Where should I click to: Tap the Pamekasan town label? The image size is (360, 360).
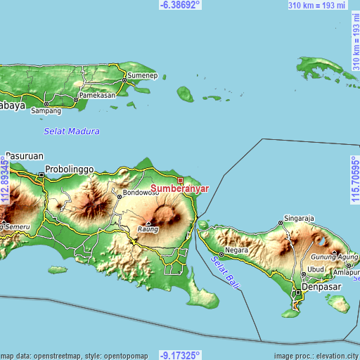coord(97,95)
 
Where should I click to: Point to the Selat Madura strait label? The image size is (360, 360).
coord(72,131)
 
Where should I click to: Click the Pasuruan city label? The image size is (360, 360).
coord(25,155)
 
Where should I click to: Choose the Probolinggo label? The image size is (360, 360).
coord(69,169)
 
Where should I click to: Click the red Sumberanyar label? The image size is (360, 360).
coord(179,189)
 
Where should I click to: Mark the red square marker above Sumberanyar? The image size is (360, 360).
coord(180,181)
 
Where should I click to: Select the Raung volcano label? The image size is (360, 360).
coord(147,229)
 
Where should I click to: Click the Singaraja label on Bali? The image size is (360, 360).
coord(298,217)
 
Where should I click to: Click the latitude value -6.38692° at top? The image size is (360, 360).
coord(180,4)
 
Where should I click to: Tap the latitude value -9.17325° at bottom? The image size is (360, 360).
coord(180,355)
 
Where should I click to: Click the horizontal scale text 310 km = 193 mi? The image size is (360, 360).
coord(317,6)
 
